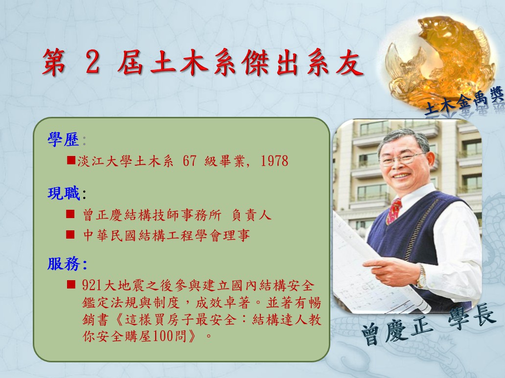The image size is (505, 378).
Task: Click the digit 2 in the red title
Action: coord(92,63)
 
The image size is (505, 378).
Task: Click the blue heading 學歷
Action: coord(63,140)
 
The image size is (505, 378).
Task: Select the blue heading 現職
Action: coord(64,193)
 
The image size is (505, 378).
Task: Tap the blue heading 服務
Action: coord(64,264)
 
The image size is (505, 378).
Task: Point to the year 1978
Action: coord(275,161)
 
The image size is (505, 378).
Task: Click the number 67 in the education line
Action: coord(190,161)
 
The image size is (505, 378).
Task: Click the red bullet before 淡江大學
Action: coord(71,160)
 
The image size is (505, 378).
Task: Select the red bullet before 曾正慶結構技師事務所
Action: coord(70,214)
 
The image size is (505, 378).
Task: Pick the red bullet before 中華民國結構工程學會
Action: coord(70,234)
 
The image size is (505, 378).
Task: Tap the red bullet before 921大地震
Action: coord(71,284)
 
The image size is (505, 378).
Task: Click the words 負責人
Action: coord(252,215)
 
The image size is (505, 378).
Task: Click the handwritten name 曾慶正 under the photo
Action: coord(397,331)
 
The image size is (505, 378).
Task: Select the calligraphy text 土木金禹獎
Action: coord(464,101)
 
